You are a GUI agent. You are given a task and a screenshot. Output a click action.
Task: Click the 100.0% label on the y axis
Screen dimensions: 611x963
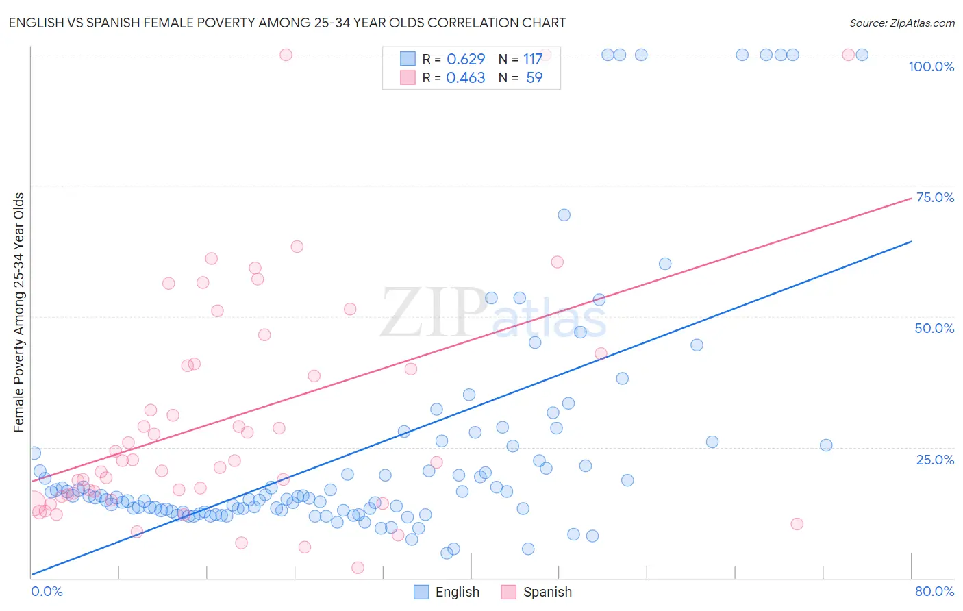931,66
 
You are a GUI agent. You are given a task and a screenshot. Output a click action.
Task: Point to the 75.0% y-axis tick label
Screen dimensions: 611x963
935,197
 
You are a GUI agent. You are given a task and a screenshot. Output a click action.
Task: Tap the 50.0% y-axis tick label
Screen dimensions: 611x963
934,328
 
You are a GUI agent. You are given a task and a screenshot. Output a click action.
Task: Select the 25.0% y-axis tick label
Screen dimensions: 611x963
935,460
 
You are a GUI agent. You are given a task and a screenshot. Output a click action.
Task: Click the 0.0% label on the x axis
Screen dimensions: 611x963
47,591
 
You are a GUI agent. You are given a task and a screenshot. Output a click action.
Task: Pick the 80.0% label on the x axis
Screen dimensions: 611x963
934,591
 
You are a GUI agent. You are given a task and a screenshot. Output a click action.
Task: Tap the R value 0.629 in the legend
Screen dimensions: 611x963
466,59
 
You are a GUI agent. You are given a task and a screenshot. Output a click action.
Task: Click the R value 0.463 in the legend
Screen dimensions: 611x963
466,77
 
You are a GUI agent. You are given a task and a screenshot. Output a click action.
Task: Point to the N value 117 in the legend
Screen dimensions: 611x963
533,59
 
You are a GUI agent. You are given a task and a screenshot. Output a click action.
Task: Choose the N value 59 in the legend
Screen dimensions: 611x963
534,77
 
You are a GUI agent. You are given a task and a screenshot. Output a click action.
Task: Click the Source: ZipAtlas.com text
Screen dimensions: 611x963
901,23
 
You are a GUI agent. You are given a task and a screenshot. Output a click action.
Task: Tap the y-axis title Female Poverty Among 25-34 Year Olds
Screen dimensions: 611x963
18,312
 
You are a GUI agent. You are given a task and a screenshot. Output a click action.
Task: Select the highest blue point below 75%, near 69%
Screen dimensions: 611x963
564,215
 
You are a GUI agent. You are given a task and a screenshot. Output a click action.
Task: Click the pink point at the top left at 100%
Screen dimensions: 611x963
286,55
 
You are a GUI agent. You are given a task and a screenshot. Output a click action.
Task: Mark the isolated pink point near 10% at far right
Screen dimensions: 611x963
797,524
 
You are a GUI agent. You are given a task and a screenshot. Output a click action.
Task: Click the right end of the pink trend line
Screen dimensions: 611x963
911,198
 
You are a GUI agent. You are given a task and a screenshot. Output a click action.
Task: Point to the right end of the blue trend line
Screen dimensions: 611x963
911,241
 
